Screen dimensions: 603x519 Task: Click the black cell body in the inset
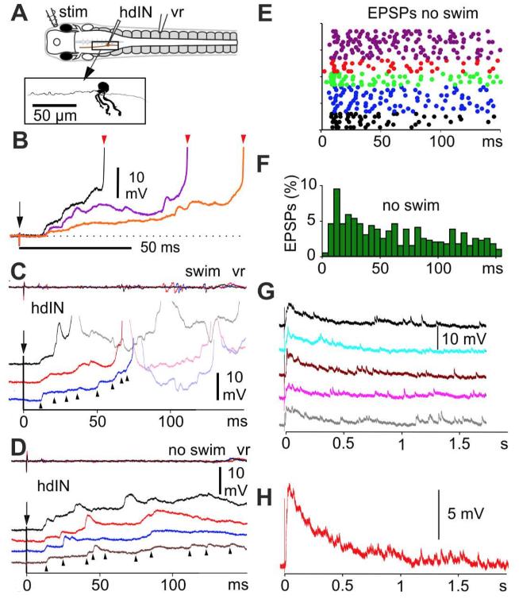(104, 89)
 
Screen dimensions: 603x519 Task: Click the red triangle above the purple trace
(187, 140)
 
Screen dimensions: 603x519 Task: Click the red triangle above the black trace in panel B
(104, 140)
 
